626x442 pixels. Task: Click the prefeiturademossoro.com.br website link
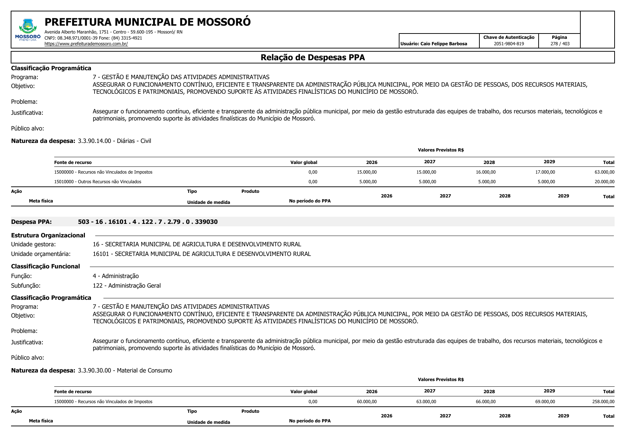tap(86, 44)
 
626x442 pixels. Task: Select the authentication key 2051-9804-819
tap(509, 44)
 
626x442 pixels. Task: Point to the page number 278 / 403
tap(560, 44)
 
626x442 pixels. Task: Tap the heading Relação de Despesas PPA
tap(312, 57)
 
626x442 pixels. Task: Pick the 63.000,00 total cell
tap(604, 172)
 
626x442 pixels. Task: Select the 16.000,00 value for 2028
tap(485, 172)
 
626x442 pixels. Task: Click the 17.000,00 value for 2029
tap(545, 172)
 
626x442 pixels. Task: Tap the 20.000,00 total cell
tap(604, 182)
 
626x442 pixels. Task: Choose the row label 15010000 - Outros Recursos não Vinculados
tap(97, 182)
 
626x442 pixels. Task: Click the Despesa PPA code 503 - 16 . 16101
tap(148, 222)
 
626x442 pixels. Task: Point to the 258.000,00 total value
tap(603, 402)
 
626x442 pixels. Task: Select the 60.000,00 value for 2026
tap(367, 402)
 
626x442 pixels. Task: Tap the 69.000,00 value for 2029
tap(545, 402)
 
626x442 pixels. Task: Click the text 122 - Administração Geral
tap(127, 286)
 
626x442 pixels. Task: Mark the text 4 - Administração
tap(116, 276)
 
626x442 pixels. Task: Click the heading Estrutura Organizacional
tap(48, 235)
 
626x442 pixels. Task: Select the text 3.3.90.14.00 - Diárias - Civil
tap(114, 141)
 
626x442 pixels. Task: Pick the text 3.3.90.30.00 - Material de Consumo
tap(125, 370)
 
